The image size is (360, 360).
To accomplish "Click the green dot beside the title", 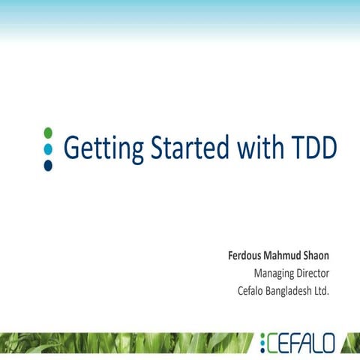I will pos(48,133).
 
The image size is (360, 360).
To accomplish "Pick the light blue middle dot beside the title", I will pos(48,148).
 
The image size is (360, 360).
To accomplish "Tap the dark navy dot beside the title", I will pos(48,165).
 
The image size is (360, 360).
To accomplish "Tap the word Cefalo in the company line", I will pos(253,290).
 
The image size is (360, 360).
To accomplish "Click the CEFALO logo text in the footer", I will pos(301,343).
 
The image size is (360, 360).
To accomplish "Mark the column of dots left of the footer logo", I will pos(262,343).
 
